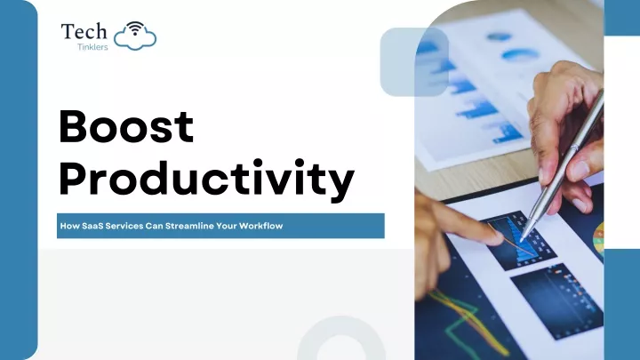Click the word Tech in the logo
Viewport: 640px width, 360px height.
(x=84, y=31)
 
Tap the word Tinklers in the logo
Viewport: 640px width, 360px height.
(x=92, y=47)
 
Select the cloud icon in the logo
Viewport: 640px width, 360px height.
(x=135, y=39)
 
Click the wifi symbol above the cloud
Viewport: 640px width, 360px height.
(x=135, y=28)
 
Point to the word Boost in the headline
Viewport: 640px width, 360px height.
(x=126, y=126)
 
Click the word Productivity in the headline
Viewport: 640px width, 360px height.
(x=206, y=179)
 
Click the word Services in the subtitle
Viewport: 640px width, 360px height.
(x=124, y=226)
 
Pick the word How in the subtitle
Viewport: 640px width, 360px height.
(x=70, y=226)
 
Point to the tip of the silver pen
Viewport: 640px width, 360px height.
(x=522, y=240)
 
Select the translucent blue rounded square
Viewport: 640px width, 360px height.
(x=414, y=62)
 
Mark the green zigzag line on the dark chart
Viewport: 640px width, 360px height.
(x=466, y=324)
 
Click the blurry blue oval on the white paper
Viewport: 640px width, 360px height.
(x=520, y=54)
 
